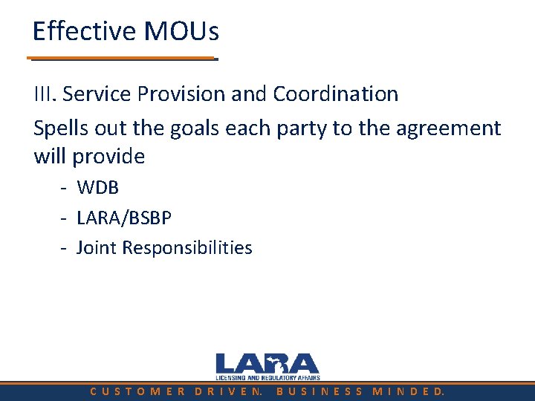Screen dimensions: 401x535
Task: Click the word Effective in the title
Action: click(84, 31)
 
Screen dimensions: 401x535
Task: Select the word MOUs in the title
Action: click(182, 31)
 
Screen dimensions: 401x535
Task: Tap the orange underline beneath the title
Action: click(123, 58)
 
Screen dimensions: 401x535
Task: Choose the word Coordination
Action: click(335, 94)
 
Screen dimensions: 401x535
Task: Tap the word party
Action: click(300, 128)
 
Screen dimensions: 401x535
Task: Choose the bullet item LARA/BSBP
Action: click(124, 218)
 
